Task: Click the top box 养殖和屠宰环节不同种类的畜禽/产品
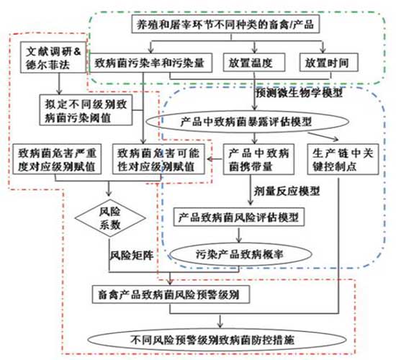pyautogui.click(x=225, y=24)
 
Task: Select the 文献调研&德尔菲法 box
pyautogui.click(x=53, y=58)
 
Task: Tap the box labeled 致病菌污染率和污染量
pyautogui.click(x=150, y=63)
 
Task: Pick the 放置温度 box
pyautogui.click(x=254, y=63)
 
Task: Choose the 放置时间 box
pyautogui.click(x=328, y=63)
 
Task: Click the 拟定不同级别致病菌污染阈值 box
pyautogui.click(x=86, y=110)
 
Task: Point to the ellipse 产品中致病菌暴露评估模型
pyautogui.click(x=247, y=122)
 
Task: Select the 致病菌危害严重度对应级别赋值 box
pyautogui.click(x=57, y=159)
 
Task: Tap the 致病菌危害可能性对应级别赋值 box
pyautogui.click(x=158, y=159)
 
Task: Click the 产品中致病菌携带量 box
pyautogui.click(x=258, y=159)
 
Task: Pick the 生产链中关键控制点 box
pyautogui.click(x=343, y=159)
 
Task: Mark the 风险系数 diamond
pyautogui.click(x=110, y=217)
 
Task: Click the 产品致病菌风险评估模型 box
pyautogui.click(x=238, y=217)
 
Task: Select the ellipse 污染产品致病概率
pyautogui.click(x=239, y=254)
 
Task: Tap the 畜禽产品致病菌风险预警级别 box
pyautogui.click(x=171, y=294)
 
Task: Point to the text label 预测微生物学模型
pyautogui.click(x=300, y=92)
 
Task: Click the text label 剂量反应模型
pyautogui.click(x=287, y=191)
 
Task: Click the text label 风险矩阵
pyautogui.click(x=132, y=255)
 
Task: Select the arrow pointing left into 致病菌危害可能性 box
pyautogui.click(x=215, y=159)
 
